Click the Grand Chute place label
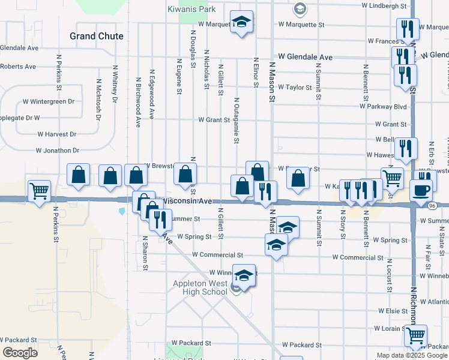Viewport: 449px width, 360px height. click(x=96, y=36)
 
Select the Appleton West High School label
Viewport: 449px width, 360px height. click(x=197, y=288)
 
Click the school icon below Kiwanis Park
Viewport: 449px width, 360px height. click(x=241, y=23)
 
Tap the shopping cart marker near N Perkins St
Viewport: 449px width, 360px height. click(x=40, y=191)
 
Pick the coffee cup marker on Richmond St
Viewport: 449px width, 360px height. click(x=421, y=191)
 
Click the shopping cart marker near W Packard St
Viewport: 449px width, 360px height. click(x=415, y=336)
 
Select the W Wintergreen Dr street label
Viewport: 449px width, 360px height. click(x=49, y=102)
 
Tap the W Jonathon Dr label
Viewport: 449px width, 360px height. click(x=58, y=151)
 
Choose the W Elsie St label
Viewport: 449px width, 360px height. click(x=393, y=311)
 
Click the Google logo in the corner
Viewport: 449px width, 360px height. click(x=20, y=353)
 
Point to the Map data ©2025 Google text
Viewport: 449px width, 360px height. click(x=412, y=355)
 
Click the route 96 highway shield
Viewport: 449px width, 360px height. click(x=432, y=205)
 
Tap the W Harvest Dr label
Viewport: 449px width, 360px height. click(x=56, y=134)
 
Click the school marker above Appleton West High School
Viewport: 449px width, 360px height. click(x=244, y=275)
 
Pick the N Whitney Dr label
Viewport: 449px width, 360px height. click(x=114, y=88)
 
